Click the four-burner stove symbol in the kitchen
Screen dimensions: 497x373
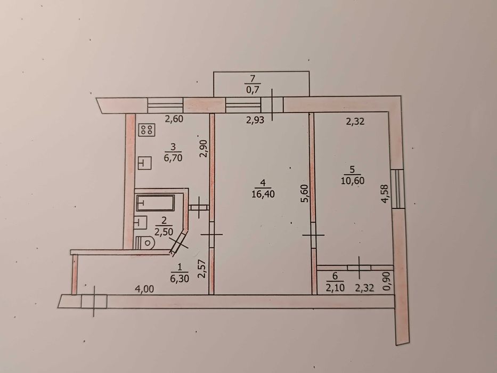[x=146, y=129]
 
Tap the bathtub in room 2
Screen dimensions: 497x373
[x=156, y=203]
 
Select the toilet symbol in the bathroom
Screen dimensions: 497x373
[x=145, y=244]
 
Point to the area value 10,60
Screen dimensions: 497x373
[x=353, y=181]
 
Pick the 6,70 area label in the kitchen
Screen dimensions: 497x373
[x=173, y=157]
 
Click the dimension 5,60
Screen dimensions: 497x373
[x=305, y=193]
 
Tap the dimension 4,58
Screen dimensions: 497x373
[x=385, y=194]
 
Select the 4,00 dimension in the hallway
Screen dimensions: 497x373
[x=145, y=289]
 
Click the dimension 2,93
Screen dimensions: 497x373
[x=255, y=120]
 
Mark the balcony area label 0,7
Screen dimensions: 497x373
[x=252, y=90]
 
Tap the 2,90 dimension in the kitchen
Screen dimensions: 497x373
[x=204, y=149]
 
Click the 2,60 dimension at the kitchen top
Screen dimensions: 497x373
[x=174, y=119]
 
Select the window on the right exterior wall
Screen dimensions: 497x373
[x=397, y=189]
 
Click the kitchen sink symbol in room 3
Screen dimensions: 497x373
[x=145, y=164]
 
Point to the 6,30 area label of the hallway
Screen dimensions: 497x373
[x=180, y=279]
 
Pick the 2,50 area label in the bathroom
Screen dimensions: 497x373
[x=164, y=232]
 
